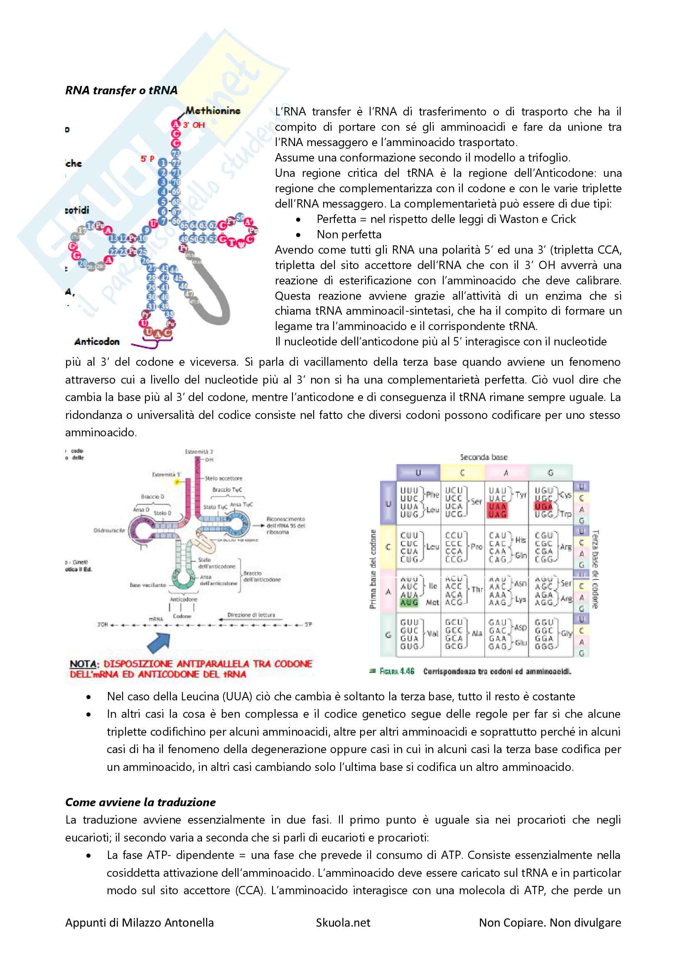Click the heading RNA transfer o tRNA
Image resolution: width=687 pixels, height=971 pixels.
coord(121,90)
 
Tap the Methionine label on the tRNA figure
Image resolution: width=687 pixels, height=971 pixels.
coord(213,111)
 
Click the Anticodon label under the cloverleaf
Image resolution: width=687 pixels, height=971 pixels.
coord(97,341)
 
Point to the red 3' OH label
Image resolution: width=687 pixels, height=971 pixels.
coord(194,125)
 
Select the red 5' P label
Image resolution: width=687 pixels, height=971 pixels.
coord(147,159)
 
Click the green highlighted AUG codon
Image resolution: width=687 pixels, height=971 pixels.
coord(409,602)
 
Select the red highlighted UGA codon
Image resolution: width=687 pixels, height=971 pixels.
coord(544,506)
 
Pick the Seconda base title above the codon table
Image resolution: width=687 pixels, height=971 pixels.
coord(483,457)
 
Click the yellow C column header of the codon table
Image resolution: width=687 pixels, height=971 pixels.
coord(462,473)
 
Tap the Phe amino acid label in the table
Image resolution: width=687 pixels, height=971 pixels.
coord(432,494)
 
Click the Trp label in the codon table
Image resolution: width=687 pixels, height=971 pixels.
coord(566,514)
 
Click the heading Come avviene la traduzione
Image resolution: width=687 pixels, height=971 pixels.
coord(140,802)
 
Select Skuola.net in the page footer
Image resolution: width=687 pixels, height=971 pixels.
coord(343,922)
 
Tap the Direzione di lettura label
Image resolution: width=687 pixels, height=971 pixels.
coord(251,615)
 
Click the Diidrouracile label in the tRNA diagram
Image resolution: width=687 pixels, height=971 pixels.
coord(109,530)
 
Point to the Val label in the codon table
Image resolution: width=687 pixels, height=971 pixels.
coord(432,633)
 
